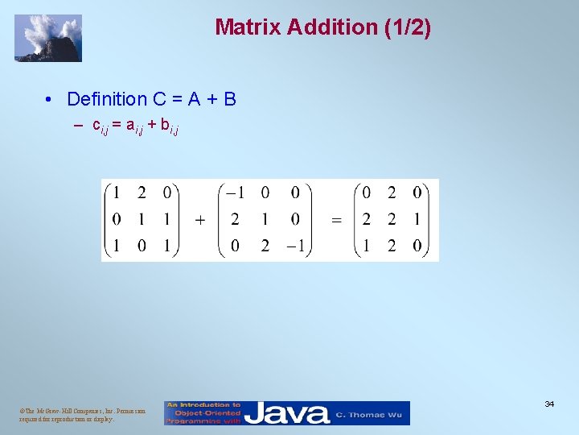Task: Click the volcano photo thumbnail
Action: [x=48, y=38]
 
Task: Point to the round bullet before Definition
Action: [x=50, y=100]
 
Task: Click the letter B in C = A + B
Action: [x=230, y=99]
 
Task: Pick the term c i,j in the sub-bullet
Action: [x=102, y=126]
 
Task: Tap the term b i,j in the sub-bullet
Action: [x=169, y=126]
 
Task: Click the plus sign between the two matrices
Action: [x=199, y=220]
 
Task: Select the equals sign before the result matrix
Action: [x=336, y=220]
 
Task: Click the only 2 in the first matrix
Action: [x=142, y=193]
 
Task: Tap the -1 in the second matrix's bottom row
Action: [x=294, y=246]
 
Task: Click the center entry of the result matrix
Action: [x=392, y=219]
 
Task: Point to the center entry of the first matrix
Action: [x=142, y=219]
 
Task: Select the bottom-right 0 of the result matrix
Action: [x=417, y=246]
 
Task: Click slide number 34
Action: [x=549, y=404]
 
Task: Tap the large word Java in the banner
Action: [x=287, y=413]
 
